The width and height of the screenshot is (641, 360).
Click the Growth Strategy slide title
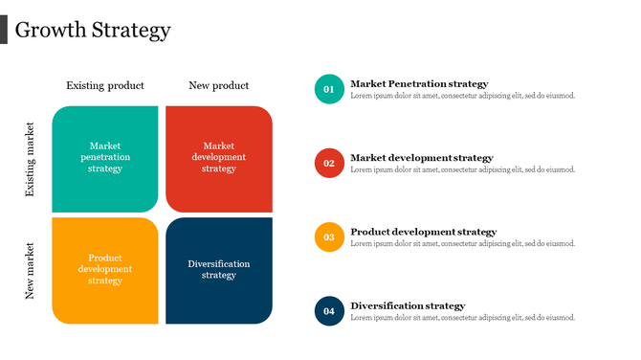(93, 31)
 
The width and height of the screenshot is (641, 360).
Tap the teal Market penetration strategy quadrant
(105, 158)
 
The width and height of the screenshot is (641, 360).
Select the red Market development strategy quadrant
(219, 158)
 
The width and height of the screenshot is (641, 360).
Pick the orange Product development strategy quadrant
(105, 270)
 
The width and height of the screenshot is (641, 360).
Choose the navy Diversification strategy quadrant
(219, 270)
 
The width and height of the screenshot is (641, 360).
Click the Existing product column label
(105, 86)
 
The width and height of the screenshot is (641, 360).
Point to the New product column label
(219, 86)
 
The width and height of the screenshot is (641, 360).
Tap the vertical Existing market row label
(30, 159)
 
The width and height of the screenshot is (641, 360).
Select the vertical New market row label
(30, 271)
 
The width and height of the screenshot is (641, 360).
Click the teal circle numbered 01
(329, 89)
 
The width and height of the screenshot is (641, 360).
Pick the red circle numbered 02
(329, 163)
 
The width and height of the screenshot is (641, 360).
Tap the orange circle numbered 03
(329, 236)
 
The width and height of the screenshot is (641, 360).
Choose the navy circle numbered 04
(329, 311)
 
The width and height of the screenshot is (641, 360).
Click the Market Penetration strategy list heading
(419, 84)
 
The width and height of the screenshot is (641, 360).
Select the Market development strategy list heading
(422, 158)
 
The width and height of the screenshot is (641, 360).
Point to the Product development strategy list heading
(424, 232)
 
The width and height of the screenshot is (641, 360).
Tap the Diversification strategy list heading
(408, 306)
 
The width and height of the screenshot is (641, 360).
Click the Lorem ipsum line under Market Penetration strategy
(463, 96)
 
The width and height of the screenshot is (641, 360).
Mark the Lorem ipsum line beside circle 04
(463, 318)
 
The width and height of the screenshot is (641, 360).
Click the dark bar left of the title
(4, 30)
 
